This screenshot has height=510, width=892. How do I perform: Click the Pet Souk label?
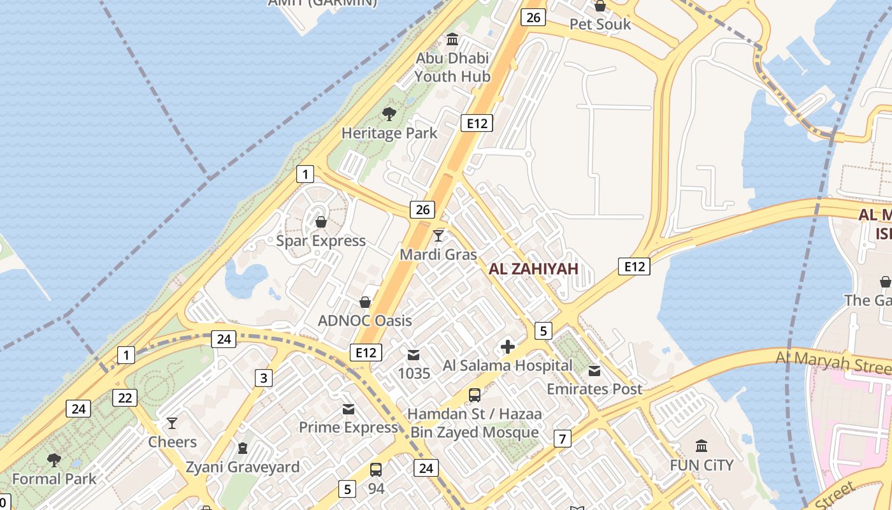tap(600, 24)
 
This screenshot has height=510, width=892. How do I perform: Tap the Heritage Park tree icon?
tap(389, 115)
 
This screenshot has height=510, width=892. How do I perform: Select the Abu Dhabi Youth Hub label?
tap(452, 68)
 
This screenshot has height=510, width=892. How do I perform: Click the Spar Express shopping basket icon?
tap(321, 222)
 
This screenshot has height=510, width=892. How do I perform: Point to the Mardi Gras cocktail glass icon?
tap(438, 236)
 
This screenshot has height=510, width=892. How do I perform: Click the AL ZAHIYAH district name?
tap(533, 269)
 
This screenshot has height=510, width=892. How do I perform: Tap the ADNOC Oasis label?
tap(365, 320)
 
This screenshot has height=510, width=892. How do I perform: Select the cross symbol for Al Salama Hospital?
tap(508, 347)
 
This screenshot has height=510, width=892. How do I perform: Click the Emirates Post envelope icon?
tap(594, 371)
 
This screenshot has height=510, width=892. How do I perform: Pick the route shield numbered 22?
tap(125, 398)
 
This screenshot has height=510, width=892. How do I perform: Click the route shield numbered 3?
tap(264, 378)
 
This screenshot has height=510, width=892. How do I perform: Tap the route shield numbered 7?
tap(562, 439)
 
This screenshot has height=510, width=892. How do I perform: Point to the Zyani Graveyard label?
tap(242, 467)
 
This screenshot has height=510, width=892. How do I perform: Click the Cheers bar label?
tap(172, 442)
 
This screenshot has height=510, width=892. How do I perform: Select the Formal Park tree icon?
tap(54, 460)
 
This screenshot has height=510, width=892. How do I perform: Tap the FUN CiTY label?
tap(701, 465)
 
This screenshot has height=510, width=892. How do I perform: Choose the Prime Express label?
tap(349, 427)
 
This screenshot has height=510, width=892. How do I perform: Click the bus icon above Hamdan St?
tap(475, 395)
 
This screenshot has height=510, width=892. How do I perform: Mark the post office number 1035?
tap(414, 373)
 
